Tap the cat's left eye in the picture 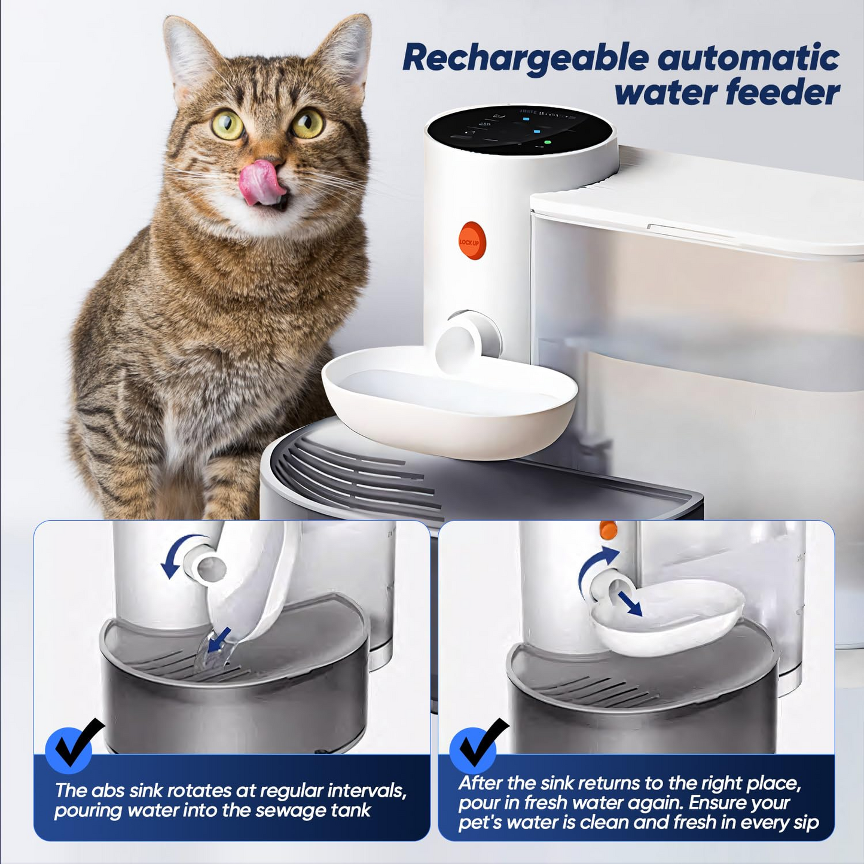pos(228,124)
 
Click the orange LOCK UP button pos(472,241)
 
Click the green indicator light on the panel pos(547,143)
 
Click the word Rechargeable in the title pos(525,59)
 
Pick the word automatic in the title pos(747,59)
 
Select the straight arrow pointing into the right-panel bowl pos(630,603)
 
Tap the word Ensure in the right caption pos(722,802)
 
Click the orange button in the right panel pos(608,530)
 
